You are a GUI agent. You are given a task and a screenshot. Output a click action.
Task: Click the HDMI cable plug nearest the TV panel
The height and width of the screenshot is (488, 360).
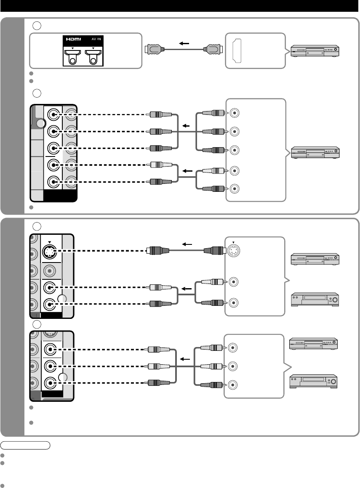[153, 49]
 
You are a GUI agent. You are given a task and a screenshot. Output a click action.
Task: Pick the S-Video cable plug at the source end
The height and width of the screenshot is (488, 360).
[214, 251]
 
